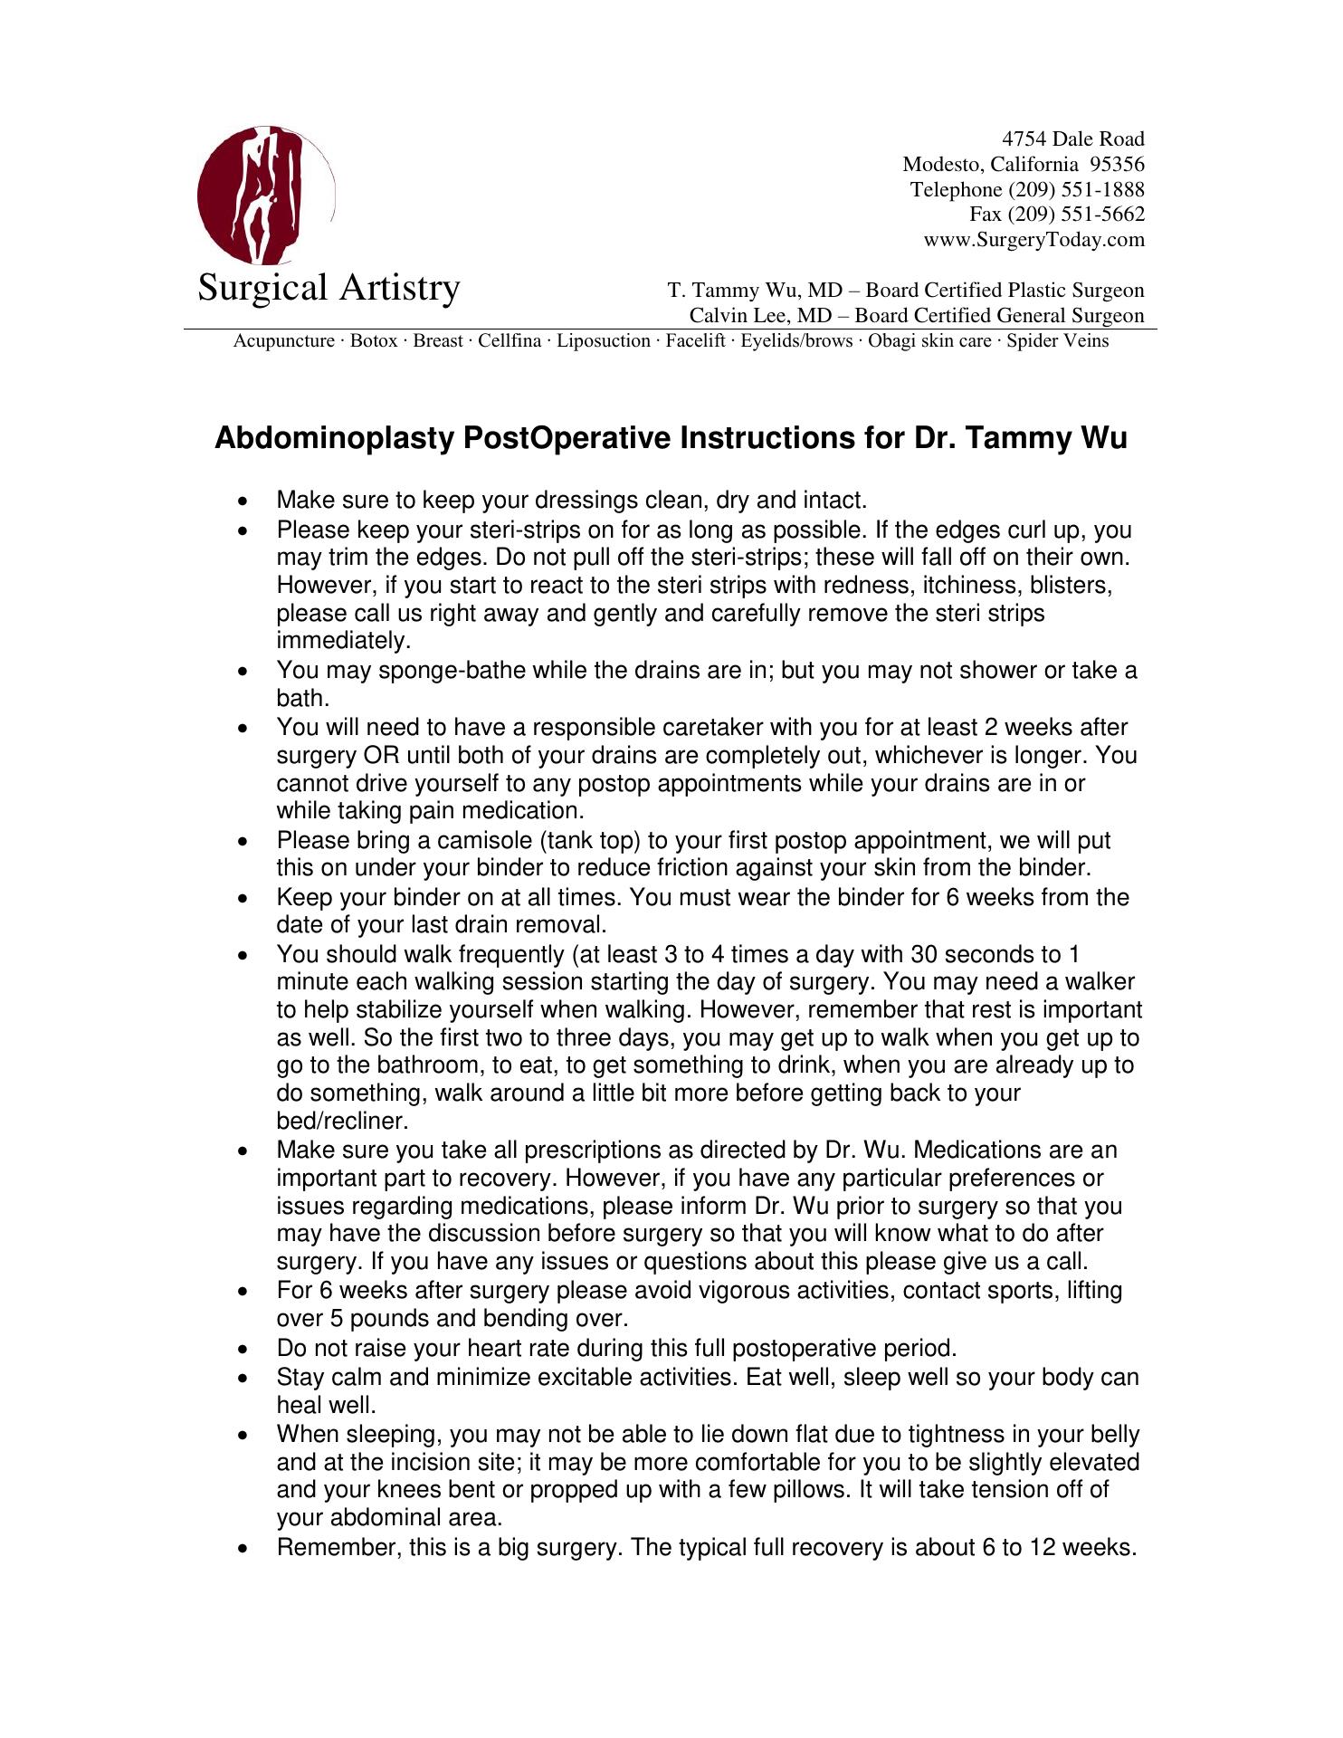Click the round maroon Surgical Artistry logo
(264, 196)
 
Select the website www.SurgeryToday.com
(1033, 240)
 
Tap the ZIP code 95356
(1118, 165)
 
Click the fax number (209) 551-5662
(1057, 215)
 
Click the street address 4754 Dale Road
(1072, 139)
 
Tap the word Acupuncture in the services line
(284, 341)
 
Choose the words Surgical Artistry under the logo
(329, 289)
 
